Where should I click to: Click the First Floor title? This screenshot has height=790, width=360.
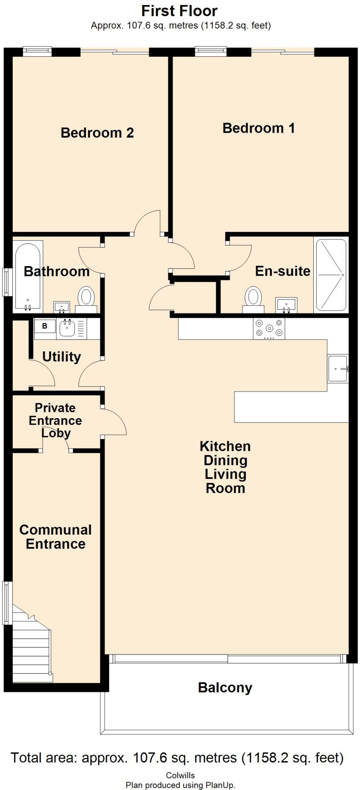(x=179, y=11)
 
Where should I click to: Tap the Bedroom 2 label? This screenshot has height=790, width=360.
(x=97, y=133)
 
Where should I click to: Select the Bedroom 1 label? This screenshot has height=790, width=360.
(x=259, y=128)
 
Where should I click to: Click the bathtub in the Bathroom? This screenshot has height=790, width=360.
(x=27, y=276)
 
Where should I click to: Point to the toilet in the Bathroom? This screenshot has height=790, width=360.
(x=86, y=299)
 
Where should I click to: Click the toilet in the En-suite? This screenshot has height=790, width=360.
(x=253, y=299)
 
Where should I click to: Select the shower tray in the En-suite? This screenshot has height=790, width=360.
(x=331, y=275)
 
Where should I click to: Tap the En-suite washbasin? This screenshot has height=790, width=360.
(x=286, y=305)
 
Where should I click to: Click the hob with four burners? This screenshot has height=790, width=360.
(x=269, y=328)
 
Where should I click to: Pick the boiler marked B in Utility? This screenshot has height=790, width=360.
(x=45, y=327)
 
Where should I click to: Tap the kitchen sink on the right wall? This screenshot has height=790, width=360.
(x=338, y=369)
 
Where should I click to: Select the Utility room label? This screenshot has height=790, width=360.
(x=62, y=356)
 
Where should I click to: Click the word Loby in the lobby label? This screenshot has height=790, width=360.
(x=56, y=433)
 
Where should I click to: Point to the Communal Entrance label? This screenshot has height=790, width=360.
(x=56, y=537)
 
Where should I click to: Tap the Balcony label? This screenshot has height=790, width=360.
(x=225, y=687)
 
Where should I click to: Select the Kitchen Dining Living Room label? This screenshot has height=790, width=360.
(x=225, y=467)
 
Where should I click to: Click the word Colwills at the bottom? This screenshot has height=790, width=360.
(x=180, y=775)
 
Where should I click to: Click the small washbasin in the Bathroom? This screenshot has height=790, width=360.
(x=62, y=307)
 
